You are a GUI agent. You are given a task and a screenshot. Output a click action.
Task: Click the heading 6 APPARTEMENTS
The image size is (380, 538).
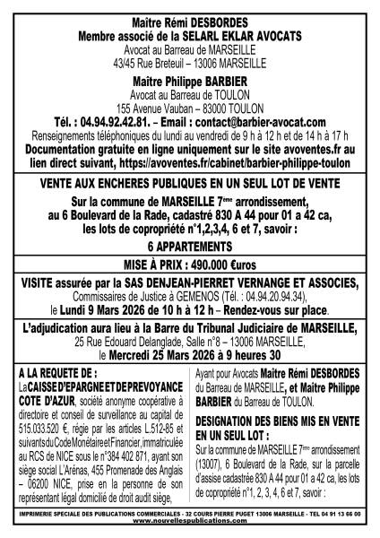[190, 247]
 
